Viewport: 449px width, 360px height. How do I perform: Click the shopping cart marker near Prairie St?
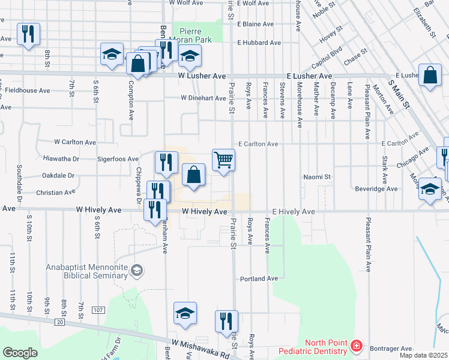(x=223, y=160)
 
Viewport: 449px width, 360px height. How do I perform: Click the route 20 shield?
(x=59, y=322)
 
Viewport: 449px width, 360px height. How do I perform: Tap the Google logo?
(x=20, y=352)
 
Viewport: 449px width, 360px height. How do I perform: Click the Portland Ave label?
(x=259, y=279)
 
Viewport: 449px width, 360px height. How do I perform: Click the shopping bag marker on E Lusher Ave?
(x=430, y=76)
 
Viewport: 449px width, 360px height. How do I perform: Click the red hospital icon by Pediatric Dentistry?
(x=357, y=346)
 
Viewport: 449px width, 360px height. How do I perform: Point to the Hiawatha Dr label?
(x=61, y=159)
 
